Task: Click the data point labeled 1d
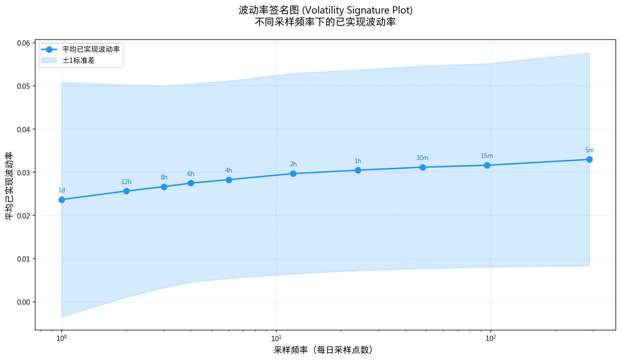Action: [x=62, y=200]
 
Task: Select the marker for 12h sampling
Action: [x=126, y=191]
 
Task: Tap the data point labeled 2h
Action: [x=293, y=174]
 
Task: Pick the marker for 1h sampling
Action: [x=358, y=170]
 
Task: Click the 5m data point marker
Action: [x=589, y=159]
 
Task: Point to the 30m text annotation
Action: [x=422, y=158]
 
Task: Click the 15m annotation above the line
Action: [x=487, y=156]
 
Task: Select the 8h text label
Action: [x=164, y=177]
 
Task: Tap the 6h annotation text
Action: [x=191, y=174]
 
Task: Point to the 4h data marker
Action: [x=229, y=180]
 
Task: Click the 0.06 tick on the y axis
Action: [x=24, y=43]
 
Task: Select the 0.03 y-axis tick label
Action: [x=24, y=173]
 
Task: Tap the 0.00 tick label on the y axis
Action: [x=24, y=302]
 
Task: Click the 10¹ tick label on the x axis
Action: [x=276, y=337]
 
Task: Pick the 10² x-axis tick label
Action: [x=490, y=337]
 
